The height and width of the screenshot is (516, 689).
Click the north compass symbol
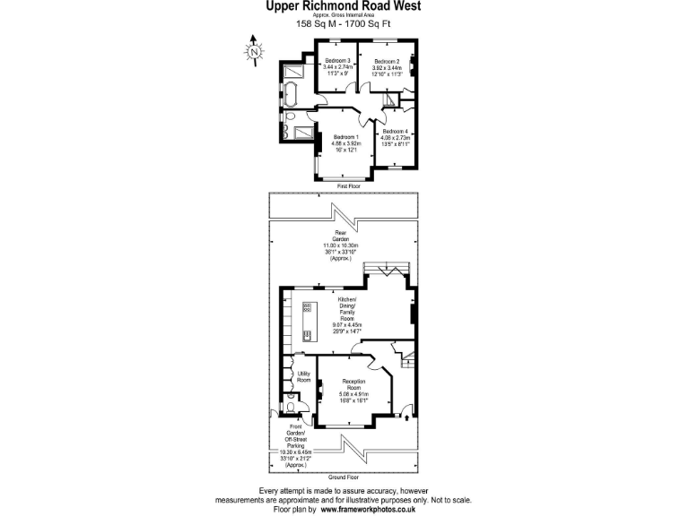pyautogui.click(x=255, y=51)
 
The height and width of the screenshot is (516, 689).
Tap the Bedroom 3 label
pyautogui.click(x=336, y=66)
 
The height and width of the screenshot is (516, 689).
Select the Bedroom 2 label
pyautogui.click(x=387, y=66)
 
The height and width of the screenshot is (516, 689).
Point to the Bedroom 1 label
pyautogui.click(x=345, y=143)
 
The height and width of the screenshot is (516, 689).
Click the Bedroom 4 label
pyautogui.click(x=395, y=137)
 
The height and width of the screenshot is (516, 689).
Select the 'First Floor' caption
pyautogui.click(x=349, y=185)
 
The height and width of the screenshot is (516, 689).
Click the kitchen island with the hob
pyautogui.click(x=307, y=323)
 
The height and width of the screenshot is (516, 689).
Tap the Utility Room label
pyautogui.click(x=303, y=376)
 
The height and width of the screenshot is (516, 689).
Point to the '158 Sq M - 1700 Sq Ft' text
pyautogui.click(x=344, y=24)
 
